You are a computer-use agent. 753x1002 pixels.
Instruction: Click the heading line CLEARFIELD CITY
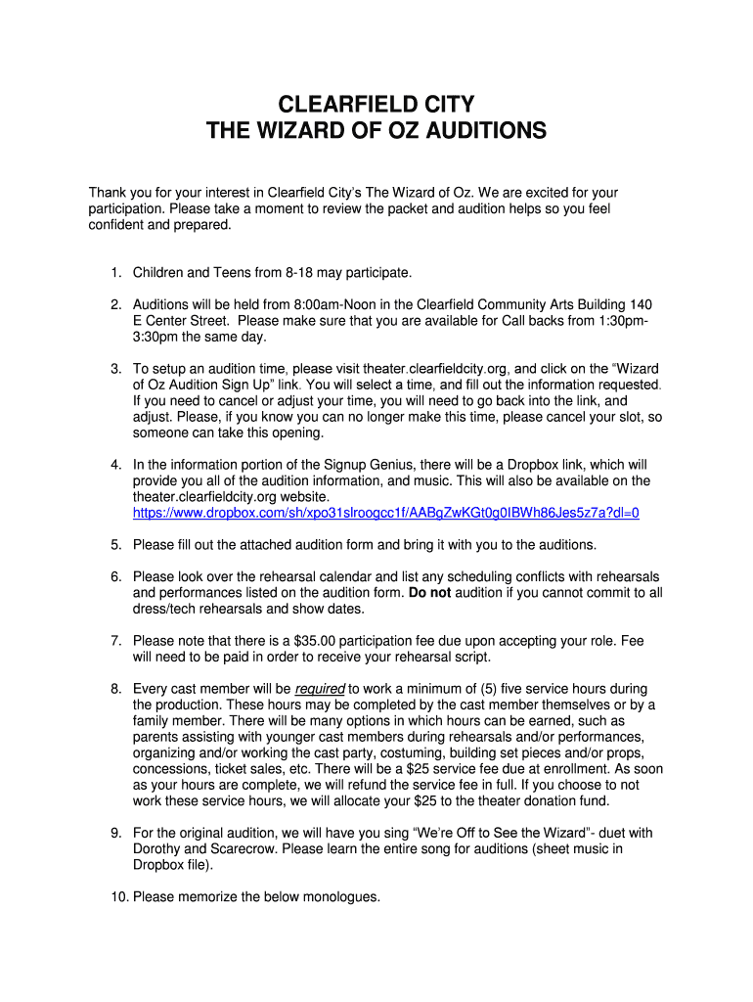pyautogui.click(x=376, y=105)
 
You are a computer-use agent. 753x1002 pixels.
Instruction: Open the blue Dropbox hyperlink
pyautogui.click(x=385, y=513)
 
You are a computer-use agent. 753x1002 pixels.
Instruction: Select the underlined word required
pyautogui.click(x=320, y=689)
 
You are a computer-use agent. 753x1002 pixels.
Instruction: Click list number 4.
pyautogui.click(x=115, y=465)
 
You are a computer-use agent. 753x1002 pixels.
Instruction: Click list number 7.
pyautogui.click(x=115, y=640)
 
